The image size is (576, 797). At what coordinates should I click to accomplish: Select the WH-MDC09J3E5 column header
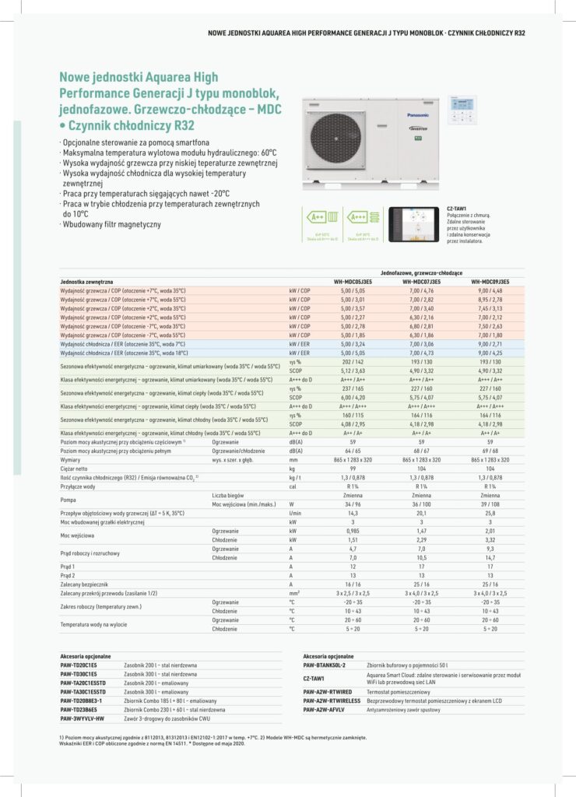(x=490, y=281)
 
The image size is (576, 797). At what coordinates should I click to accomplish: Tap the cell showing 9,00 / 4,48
(x=490, y=290)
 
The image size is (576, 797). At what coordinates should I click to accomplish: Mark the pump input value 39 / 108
(x=490, y=504)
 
